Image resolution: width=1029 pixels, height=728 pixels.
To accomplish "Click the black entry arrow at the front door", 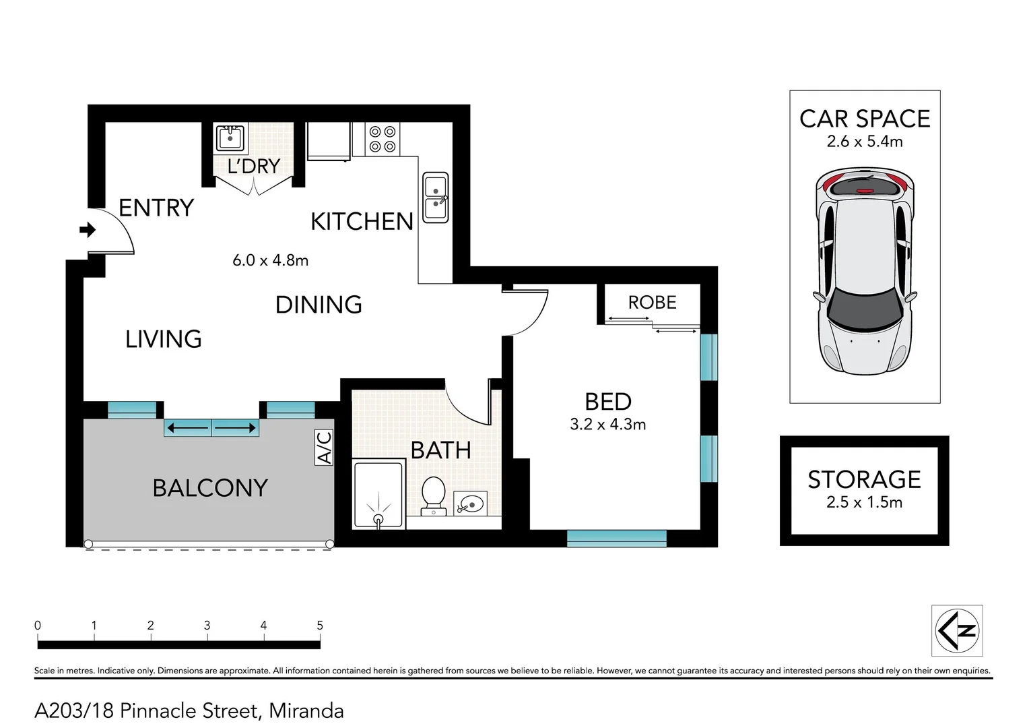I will tap(88, 231).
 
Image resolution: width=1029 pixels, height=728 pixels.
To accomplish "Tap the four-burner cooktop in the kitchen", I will tap(383, 139).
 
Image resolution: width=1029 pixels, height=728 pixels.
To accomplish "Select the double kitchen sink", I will tap(436, 198).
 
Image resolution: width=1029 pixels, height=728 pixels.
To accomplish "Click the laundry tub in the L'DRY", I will tap(230, 138).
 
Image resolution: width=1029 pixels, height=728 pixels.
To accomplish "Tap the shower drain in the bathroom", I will tap(378, 519).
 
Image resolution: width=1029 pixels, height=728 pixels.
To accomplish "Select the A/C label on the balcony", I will tap(325, 448).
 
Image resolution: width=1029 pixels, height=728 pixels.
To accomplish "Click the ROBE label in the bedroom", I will tap(652, 303).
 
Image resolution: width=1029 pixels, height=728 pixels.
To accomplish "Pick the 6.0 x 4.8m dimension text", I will tap(270, 260).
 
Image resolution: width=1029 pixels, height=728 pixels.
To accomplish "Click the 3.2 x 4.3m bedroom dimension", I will tap(607, 425).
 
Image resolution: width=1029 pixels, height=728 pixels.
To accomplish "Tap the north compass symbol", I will tap(957, 631).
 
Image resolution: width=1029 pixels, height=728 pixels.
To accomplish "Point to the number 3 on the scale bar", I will tap(207, 626).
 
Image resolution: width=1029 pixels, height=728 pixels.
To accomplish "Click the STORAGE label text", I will tap(864, 479).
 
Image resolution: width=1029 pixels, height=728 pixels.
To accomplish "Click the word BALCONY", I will tap(210, 488).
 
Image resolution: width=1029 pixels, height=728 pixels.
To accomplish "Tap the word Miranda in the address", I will tap(306, 710).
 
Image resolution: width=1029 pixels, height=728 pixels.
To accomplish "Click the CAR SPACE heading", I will tap(865, 119).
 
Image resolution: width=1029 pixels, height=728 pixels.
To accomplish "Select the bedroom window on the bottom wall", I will tap(616, 538).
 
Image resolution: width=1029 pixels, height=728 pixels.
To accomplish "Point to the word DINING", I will tap(319, 305).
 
